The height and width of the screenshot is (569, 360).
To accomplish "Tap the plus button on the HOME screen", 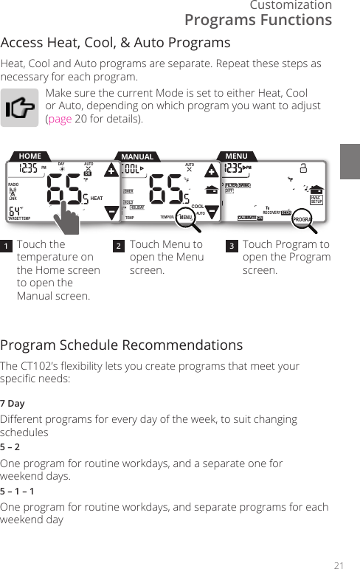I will [x=111, y=171].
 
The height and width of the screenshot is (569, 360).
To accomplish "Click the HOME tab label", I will [x=30, y=156].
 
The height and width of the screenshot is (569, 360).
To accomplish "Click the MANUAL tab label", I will [x=137, y=156].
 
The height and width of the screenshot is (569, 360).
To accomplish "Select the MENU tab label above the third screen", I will [x=237, y=156].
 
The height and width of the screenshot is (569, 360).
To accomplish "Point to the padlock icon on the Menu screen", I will [x=303, y=168].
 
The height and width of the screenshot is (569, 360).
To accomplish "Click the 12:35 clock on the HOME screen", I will [x=29, y=169].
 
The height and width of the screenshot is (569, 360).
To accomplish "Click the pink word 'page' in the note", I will [x=60, y=118].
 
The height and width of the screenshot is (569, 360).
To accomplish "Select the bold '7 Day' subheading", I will [x=12, y=404].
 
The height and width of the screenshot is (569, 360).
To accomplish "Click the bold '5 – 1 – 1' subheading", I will [x=17, y=491].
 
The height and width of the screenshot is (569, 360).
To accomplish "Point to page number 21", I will [x=339, y=565].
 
